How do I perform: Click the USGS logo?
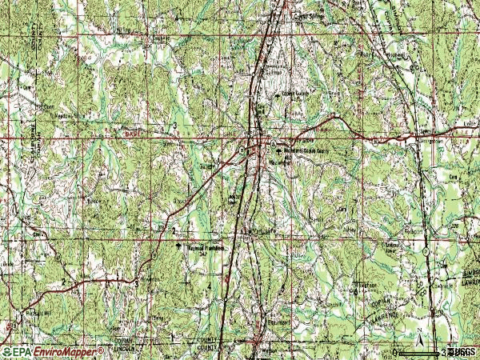[x=462, y=351]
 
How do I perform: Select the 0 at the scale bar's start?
[x=394, y=352]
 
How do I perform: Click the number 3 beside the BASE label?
[x=174, y=127]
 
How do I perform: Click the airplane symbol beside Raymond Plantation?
[x=178, y=247]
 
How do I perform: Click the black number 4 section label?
[x=209, y=285]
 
